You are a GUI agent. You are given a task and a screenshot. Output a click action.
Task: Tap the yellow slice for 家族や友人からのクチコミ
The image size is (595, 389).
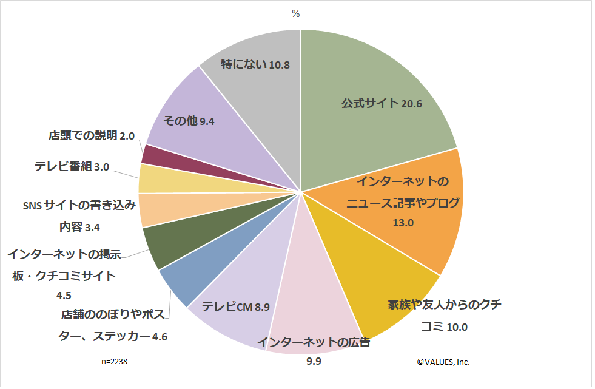[x=388, y=285]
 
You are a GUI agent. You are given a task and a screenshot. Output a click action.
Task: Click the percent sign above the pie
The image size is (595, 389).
[x=296, y=14]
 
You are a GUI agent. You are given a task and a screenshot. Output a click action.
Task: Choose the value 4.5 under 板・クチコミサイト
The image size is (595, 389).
[x=64, y=296]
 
